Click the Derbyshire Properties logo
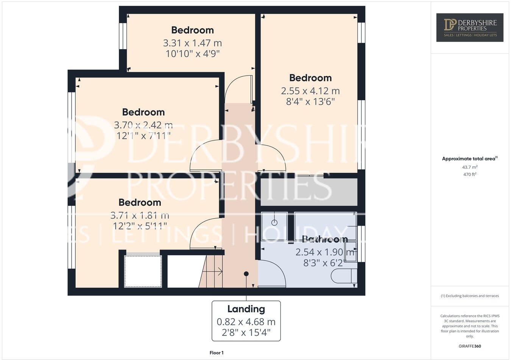470,27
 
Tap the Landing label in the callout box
246,309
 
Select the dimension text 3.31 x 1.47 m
192,43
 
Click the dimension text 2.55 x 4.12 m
310,91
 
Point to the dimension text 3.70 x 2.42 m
143,125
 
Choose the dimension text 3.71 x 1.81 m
140,216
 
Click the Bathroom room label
325,239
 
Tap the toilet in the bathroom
343,276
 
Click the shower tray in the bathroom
274,226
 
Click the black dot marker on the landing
246,274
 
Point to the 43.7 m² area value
470,167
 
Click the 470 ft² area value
470,174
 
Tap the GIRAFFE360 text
470,346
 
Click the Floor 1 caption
217,353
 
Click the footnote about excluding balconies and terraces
470,296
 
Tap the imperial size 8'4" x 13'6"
310,101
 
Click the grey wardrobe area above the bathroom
309,192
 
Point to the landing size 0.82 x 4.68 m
246,322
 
